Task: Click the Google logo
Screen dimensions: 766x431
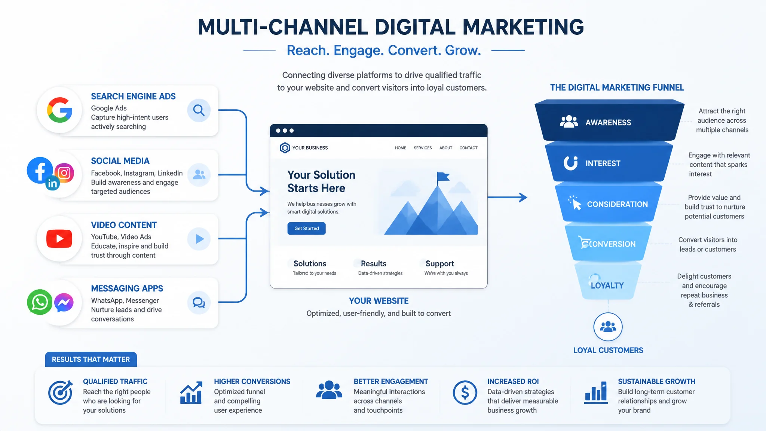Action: pyautogui.click(x=60, y=110)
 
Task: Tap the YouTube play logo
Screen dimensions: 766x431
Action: pyautogui.click(x=59, y=239)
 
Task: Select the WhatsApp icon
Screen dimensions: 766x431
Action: pyautogui.click(x=40, y=302)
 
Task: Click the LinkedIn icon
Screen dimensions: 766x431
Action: pyautogui.click(x=52, y=183)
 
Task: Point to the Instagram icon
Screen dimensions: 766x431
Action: pyautogui.click(x=64, y=173)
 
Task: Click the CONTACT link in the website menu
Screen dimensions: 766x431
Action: pyautogui.click(x=468, y=148)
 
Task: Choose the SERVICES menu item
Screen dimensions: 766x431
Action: pyautogui.click(x=423, y=148)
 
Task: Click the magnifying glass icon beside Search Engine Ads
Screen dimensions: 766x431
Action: pyautogui.click(x=199, y=110)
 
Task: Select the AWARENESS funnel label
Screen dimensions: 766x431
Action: pyautogui.click(x=608, y=122)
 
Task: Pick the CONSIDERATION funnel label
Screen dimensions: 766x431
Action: pyautogui.click(x=618, y=204)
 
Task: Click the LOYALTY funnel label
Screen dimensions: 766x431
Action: pyautogui.click(x=607, y=285)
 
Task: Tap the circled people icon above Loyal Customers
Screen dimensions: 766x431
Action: pyautogui.click(x=608, y=327)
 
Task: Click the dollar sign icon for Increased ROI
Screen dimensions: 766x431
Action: pyautogui.click(x=465, y=393)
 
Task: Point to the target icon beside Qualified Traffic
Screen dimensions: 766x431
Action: pyautogui.click(x=61, y=392)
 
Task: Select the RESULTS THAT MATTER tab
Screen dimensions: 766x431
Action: pyautogui.click(x=91, y=359)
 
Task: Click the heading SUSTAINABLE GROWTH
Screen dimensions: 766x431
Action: pyautogui.click(x=656, y=381)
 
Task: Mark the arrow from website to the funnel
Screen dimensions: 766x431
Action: pyautogui.click(x=508, y=197)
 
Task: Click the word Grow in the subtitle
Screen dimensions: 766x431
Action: pyautogui.click(x=463, y=50)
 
